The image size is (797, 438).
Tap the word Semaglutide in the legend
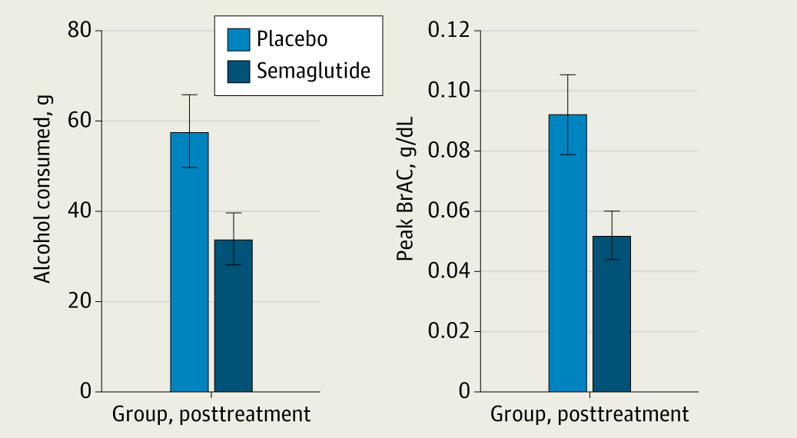[314, 71]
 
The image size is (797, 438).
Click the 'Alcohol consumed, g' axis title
[44, 211]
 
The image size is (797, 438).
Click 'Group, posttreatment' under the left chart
[211, 415]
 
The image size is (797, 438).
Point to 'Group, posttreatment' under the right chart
[589, 415]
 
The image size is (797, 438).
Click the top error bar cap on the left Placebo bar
[189, 95]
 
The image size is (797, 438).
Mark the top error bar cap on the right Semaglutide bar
[611, 211]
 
